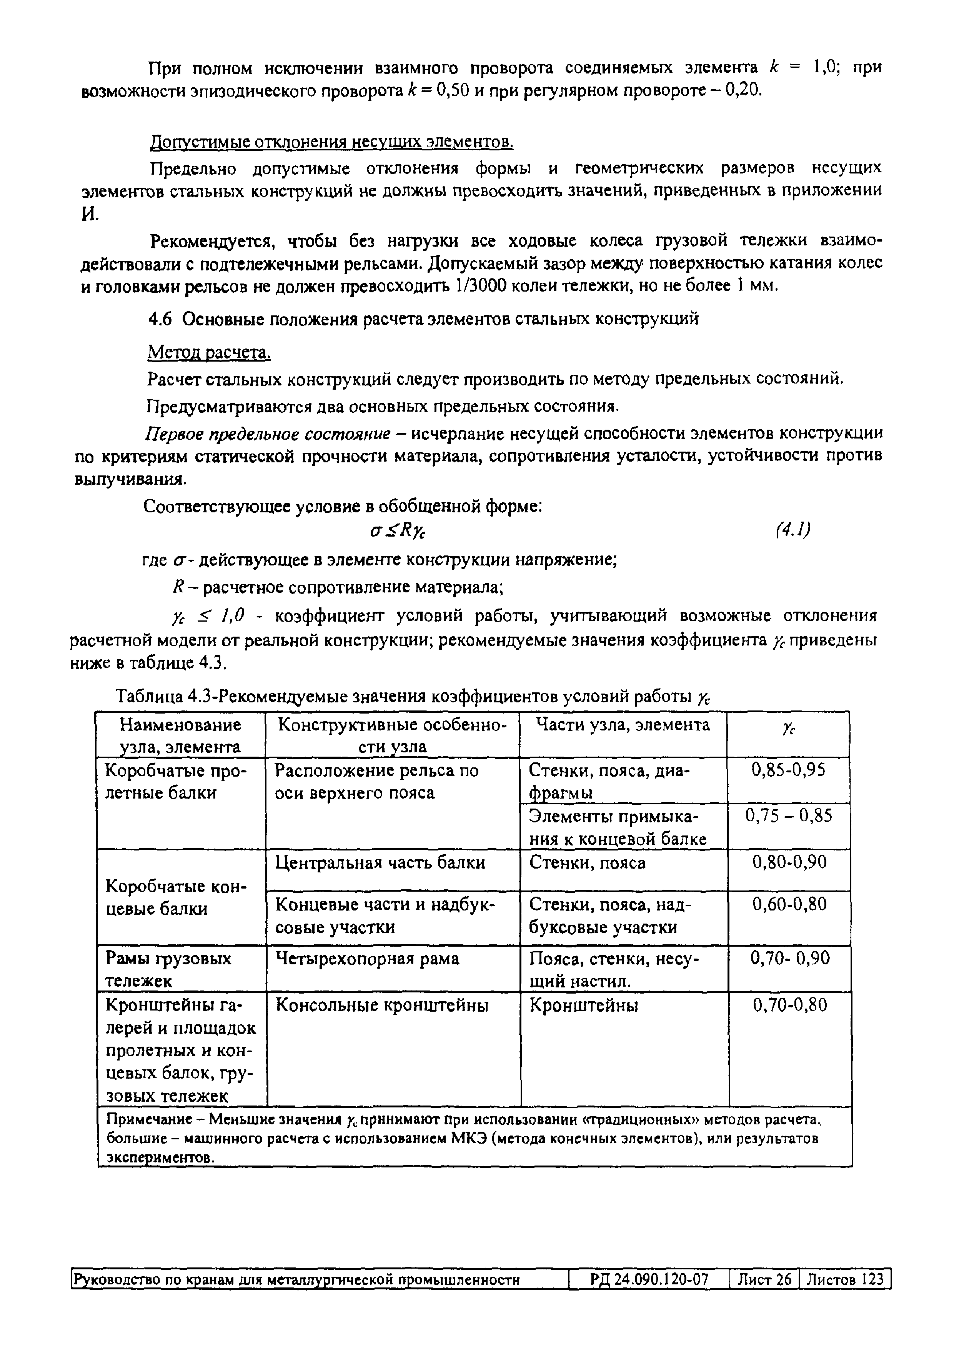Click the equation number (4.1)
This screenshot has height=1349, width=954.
(793, 530)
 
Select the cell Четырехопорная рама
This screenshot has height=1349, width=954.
(367, 958)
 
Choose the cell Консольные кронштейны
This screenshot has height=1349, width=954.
(382, 1005)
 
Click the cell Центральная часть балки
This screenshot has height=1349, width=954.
(380, 862)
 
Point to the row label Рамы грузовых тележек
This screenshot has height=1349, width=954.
(168, 969)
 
